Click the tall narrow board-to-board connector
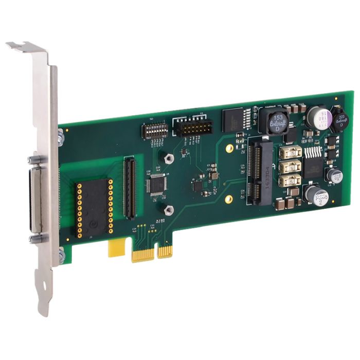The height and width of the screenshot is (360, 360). [x=129, y=187]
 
